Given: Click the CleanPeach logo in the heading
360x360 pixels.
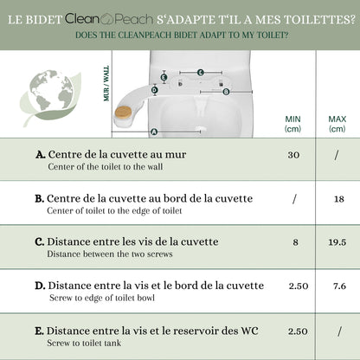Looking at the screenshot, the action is click(x=109, y=19).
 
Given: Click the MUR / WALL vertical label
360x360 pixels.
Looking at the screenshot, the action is click(x=106, y=84).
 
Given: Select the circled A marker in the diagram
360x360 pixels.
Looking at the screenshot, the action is click(x=154, y=132).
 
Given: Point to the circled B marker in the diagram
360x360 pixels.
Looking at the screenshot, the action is click(x=226, y=92).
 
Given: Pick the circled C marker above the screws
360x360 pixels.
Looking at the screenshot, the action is click(x=201, y=73).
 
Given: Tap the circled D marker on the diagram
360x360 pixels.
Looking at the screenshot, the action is click(x=155, y=90).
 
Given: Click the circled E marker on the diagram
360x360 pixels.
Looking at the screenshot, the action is click(x=164, y=77).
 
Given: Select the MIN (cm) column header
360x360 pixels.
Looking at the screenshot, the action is click(x=292, y=124).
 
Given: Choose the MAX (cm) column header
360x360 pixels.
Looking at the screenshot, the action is click(x=337, y=124).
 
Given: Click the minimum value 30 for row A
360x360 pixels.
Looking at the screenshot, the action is click(x=293, y=155).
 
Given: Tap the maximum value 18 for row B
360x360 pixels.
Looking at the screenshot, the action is click(x=339, y=199).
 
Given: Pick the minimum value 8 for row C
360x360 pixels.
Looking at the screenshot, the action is click(x=295, y=242).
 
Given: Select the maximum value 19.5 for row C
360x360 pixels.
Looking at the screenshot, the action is click(x=337, y=242).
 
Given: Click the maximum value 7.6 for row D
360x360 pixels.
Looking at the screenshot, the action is click(x=339, y=286).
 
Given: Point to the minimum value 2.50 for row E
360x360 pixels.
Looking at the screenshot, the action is click(x=298, y=331).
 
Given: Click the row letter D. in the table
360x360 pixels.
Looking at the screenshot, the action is click(x=40, y=286).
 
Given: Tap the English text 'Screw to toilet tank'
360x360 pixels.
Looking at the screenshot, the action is click(x=84, y=343).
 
